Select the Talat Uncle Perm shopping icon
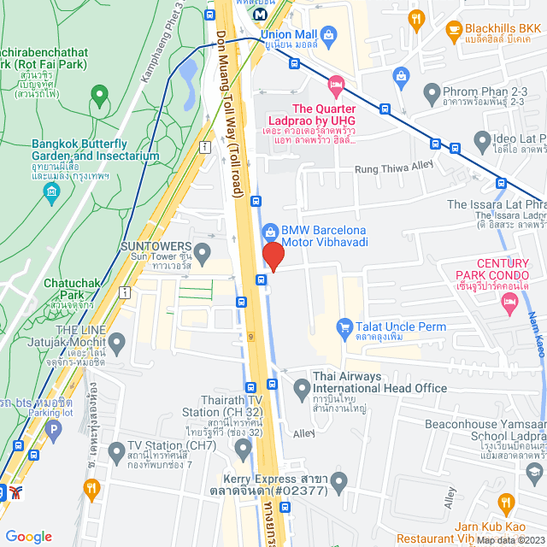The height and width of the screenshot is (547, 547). [344, 326]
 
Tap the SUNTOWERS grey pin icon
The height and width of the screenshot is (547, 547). [203, 253]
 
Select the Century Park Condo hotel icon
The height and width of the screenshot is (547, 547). [509, 300]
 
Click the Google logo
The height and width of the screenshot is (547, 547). [28, 536]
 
